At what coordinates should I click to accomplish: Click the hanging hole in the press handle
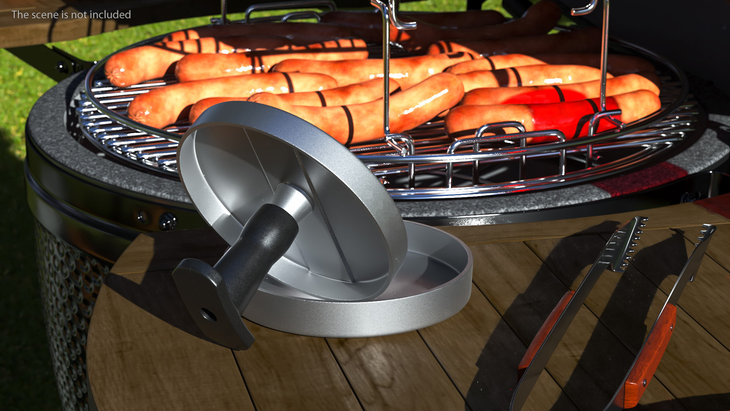coord(208,314)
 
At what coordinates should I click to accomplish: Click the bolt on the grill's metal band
coord(167,221)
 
